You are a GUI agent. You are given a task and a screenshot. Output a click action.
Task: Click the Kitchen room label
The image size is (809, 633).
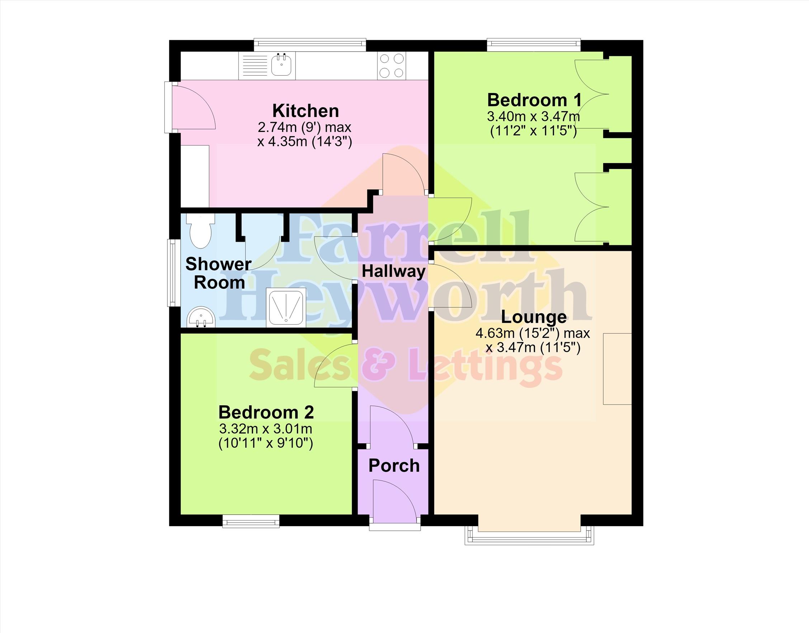tap(306, 111)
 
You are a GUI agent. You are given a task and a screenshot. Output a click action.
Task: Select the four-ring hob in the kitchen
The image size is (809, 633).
tap(392, 66)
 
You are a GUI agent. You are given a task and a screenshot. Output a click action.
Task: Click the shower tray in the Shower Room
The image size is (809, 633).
tap(287, 307)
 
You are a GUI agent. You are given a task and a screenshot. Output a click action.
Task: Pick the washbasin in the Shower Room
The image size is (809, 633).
tap(200, 318)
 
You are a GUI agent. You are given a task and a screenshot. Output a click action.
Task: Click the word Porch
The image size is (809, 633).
tap(394, 466)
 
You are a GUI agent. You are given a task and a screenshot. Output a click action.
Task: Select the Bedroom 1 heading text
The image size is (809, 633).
tap(534, 100)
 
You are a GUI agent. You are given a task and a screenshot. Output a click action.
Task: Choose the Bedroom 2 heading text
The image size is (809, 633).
tap(266, 412)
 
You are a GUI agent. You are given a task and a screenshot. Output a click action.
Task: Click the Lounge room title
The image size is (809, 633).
tap(534, 317)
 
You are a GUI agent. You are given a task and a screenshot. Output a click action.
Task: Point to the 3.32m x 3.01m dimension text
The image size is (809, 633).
tap(266, 429)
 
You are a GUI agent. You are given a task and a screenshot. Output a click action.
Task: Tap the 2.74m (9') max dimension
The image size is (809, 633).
tap(304, 127)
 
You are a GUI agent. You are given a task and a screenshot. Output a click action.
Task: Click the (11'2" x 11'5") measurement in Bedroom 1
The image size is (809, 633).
tap(534, 131)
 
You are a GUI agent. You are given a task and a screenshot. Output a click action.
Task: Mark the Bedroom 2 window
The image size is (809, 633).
tap(251, 521)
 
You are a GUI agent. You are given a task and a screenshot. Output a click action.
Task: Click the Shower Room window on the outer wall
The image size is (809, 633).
tap(172, 273)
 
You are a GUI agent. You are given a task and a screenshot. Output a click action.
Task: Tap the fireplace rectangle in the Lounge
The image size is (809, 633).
tap(617, 369)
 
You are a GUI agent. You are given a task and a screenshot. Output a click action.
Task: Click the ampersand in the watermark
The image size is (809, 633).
tap(383, 365)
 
